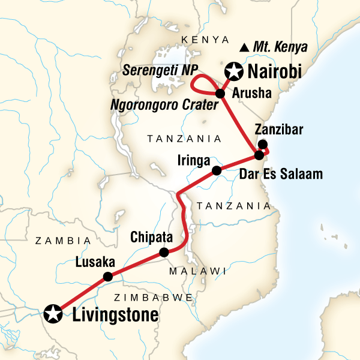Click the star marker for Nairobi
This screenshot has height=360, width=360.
pos(232,73)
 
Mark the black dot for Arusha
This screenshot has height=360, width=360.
pos(220,94)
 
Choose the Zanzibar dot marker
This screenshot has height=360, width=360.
pos(262,144)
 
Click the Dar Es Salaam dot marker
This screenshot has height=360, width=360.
pos(259,155)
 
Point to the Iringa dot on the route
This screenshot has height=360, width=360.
pos(217,171)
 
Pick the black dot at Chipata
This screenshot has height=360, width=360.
pos(163,253)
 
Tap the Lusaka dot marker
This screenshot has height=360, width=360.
pos(108,277)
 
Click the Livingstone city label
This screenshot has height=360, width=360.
pos(115,314)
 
